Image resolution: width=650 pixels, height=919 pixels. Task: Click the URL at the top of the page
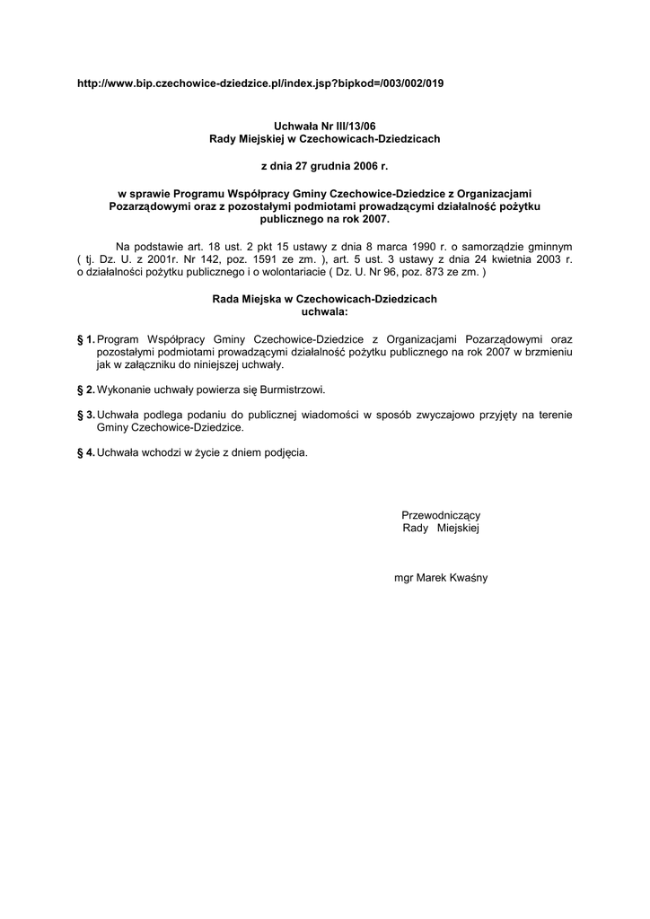tap(260, 83)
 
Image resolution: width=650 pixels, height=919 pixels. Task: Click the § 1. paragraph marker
tap(86, 339)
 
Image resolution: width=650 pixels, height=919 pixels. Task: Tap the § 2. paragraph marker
tap(86, 390)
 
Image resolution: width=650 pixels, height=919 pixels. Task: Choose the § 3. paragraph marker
tap(86, 415)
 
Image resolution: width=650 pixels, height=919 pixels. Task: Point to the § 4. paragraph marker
tap(86, 452)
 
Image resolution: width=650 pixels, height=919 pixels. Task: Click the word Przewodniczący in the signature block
tap(441, 515)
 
